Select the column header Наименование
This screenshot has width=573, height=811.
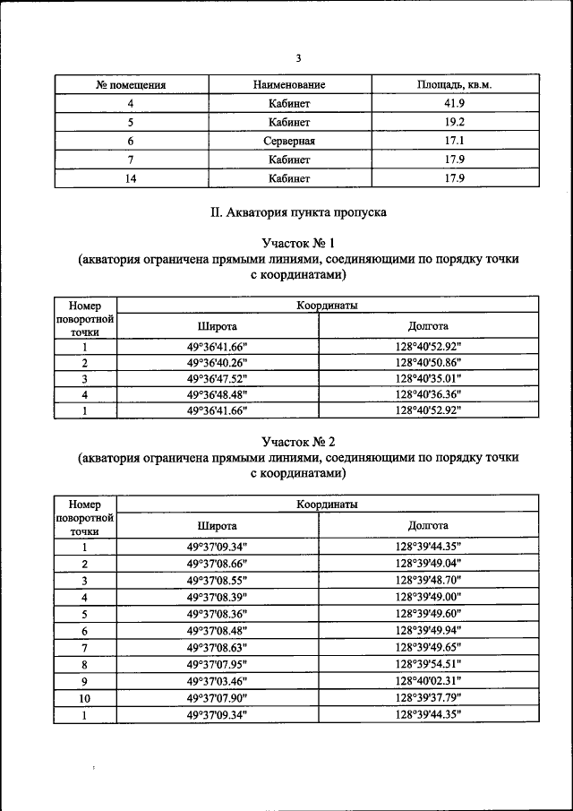click(x=288, y=85)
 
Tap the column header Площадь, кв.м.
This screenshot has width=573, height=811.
click(x=455, y=85)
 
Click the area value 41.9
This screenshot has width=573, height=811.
click(x=455, y=104)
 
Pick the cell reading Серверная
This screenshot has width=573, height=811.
click(x=288, y=142)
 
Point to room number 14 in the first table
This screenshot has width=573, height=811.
click(x=131, y=178)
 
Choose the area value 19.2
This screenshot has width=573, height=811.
click(x=455, y=123)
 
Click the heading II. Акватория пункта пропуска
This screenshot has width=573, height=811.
click(x=297, y=214)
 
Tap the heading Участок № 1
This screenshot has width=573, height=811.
click(x=297, y=243)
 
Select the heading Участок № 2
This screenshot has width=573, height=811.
click(x=297, y=442)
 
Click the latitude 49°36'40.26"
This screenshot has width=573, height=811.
click(x=217, y=363)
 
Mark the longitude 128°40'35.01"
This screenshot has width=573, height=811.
click(x=428, y=378)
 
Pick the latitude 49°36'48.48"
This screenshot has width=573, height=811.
click(x=217, y=394)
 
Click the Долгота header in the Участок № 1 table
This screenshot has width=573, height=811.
click(x=428, y=326)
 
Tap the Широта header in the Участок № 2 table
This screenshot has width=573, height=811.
click(x=217, y=525)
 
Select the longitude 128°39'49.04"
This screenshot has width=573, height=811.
click(x=428, y=564)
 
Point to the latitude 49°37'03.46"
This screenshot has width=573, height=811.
click(x=217, y=681)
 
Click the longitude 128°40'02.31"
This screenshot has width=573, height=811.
click(x=428, y=681)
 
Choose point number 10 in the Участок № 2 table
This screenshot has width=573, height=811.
click(x=84, y=698)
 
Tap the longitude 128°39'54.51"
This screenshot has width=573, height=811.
click(x=428, y=664)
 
